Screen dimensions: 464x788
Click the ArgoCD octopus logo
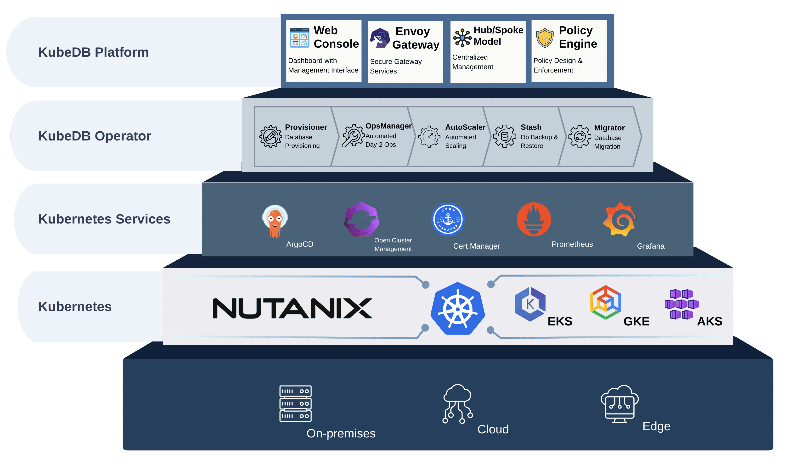coord(275,221)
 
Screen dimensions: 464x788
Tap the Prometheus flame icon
coord(534,219)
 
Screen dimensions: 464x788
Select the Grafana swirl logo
coord(619,219)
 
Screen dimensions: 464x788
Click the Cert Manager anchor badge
coord(448,219)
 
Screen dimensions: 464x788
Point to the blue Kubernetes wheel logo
coord(457,309)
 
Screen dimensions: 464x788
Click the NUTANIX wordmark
coord(292,309)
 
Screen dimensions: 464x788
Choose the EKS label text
coord(560,321)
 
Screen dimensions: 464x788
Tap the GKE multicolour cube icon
coord(605,302)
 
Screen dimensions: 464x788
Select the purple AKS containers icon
coord(682,304)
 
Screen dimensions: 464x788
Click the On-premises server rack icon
coord(295,404)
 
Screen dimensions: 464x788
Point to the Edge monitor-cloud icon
coord(619,404)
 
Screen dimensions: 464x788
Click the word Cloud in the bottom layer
coord(493,429)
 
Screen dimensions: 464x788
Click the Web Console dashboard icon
coord(299,38)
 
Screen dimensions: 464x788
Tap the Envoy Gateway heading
coord(416,38)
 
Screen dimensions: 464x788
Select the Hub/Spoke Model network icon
coord(462,38)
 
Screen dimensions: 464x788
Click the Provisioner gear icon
coord(270,137)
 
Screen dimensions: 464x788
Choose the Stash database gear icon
coord(504,136)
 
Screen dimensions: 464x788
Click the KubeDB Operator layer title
coord(95,136)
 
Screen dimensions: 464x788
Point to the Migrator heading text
coord(609,128)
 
